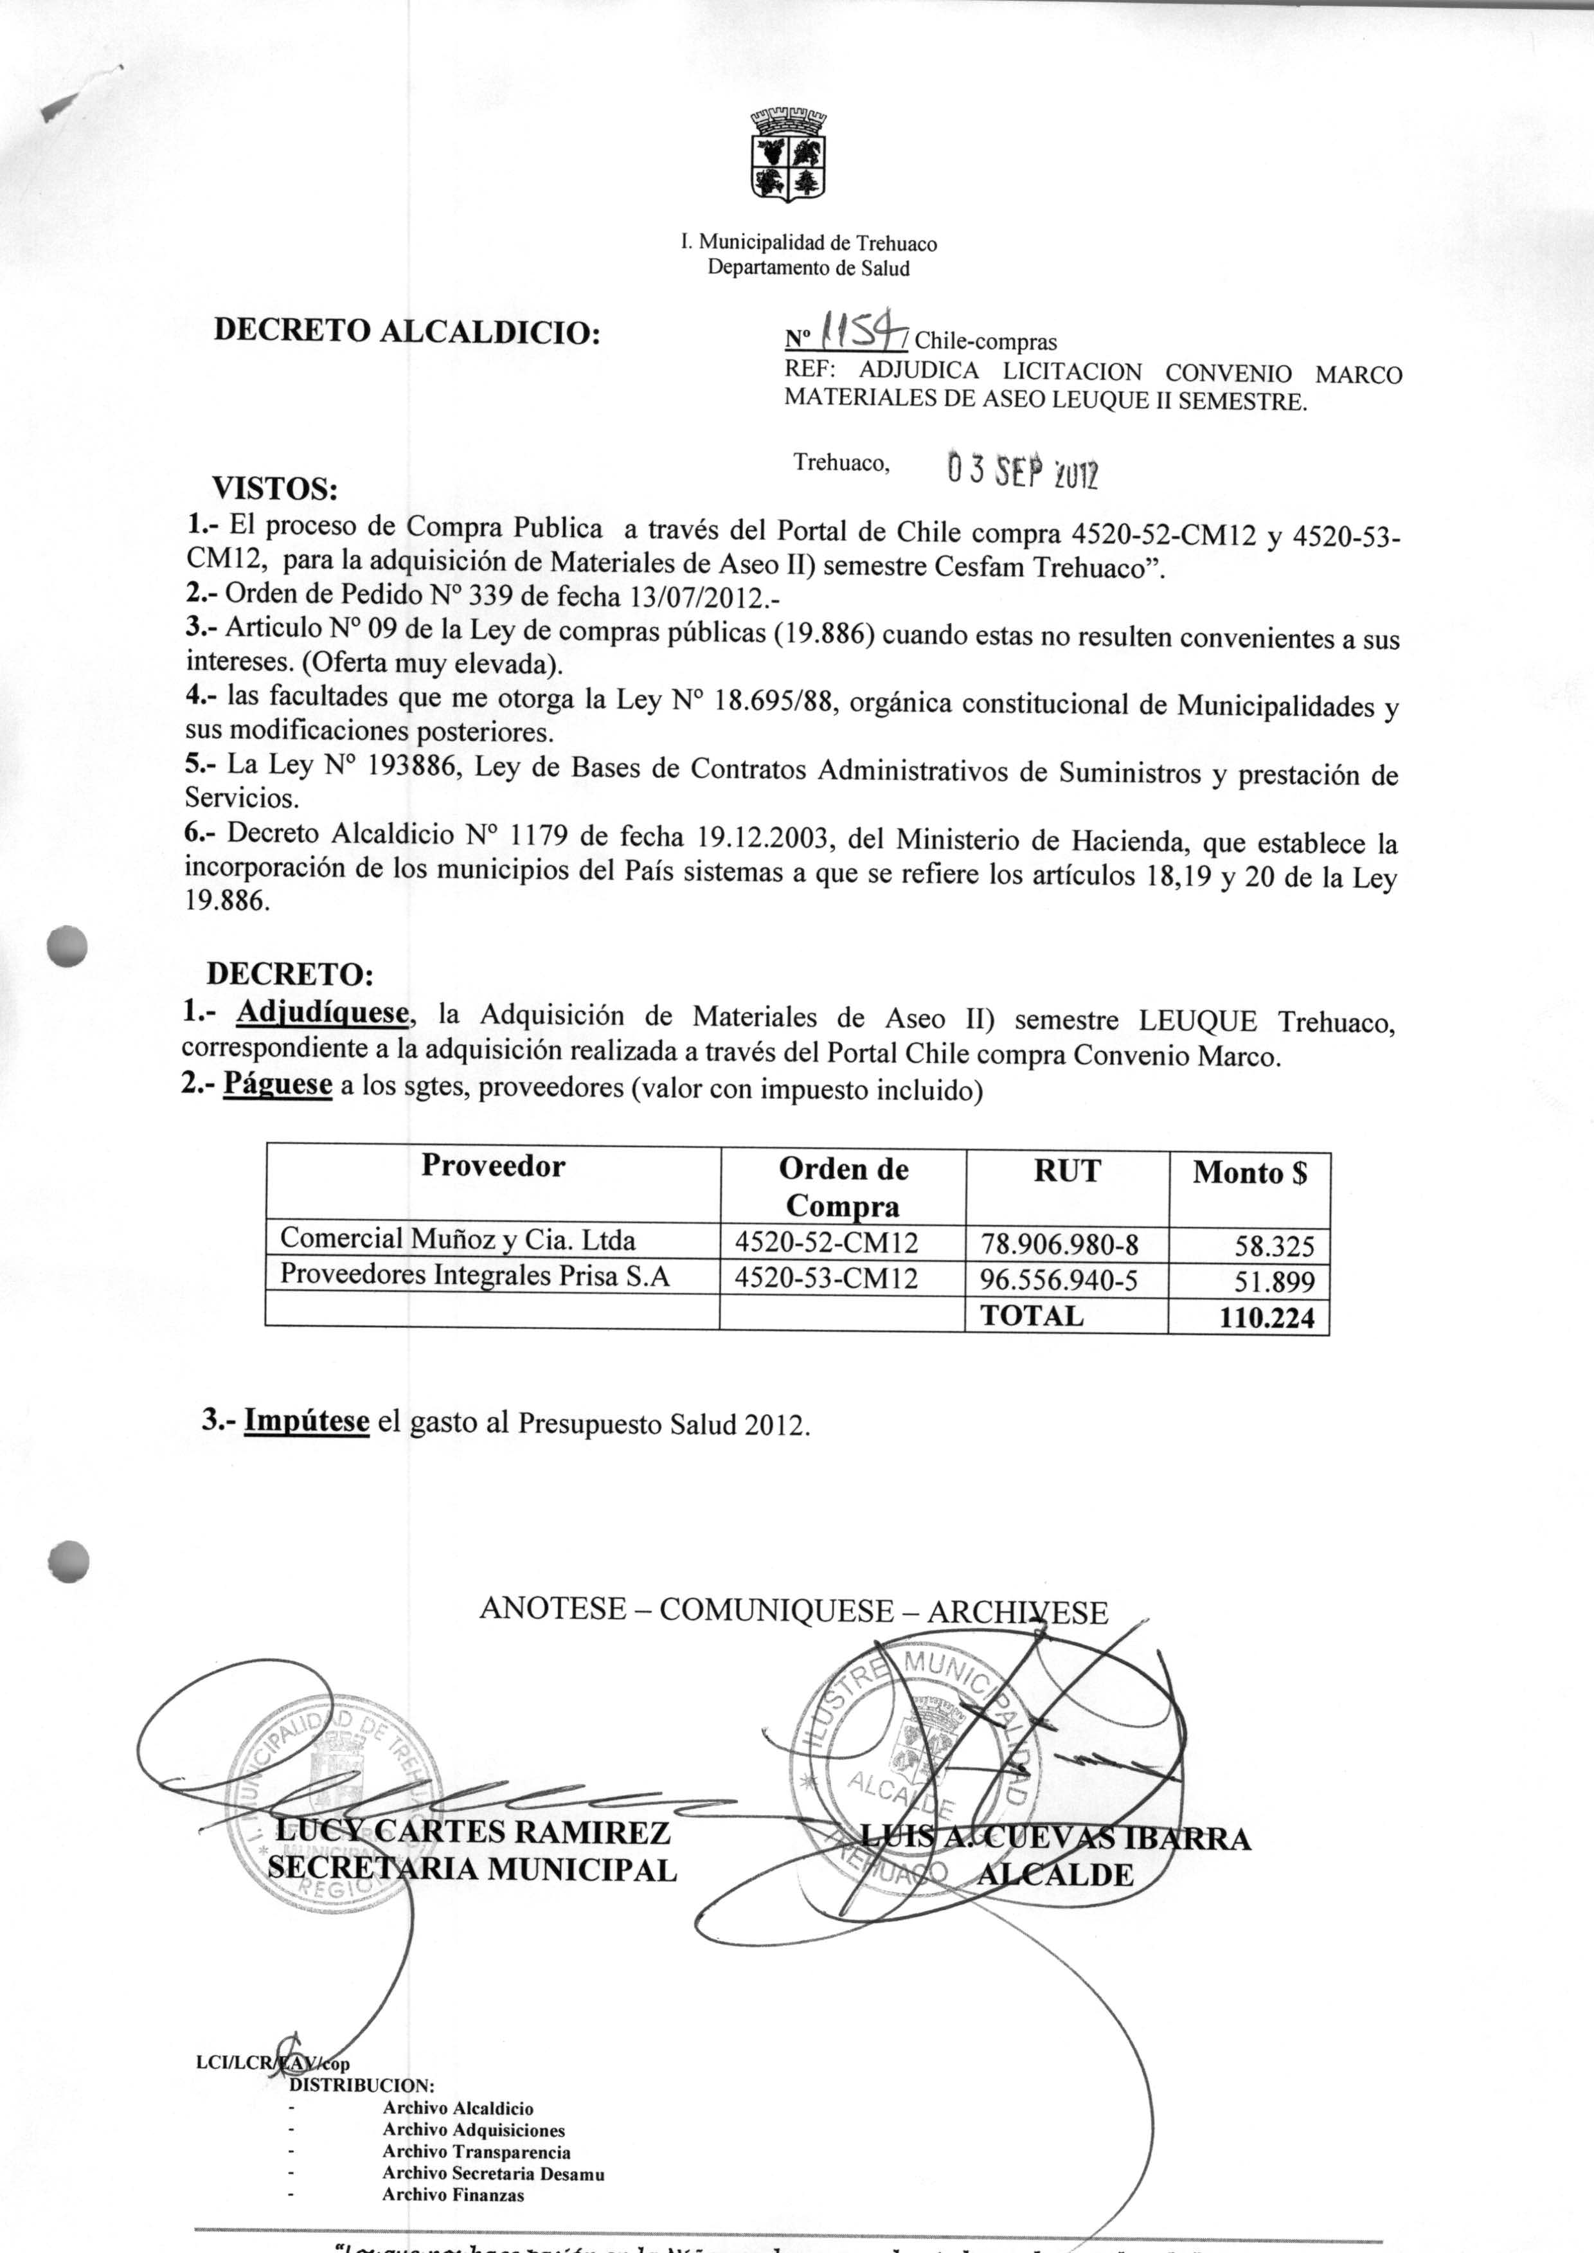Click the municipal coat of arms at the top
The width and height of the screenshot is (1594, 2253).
[x=788, y=155]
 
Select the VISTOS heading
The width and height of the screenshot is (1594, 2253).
[x=276, y=488]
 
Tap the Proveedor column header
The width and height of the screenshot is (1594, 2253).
[x=493, y=1166]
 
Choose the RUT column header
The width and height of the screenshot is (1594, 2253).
[x=1067, y=1170]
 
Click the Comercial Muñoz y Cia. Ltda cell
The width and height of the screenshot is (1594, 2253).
[x=458, y=1240]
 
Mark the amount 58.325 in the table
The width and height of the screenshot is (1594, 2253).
[x=1274, y=1247]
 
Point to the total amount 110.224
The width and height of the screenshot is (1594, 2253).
[x=1266, y=1317]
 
